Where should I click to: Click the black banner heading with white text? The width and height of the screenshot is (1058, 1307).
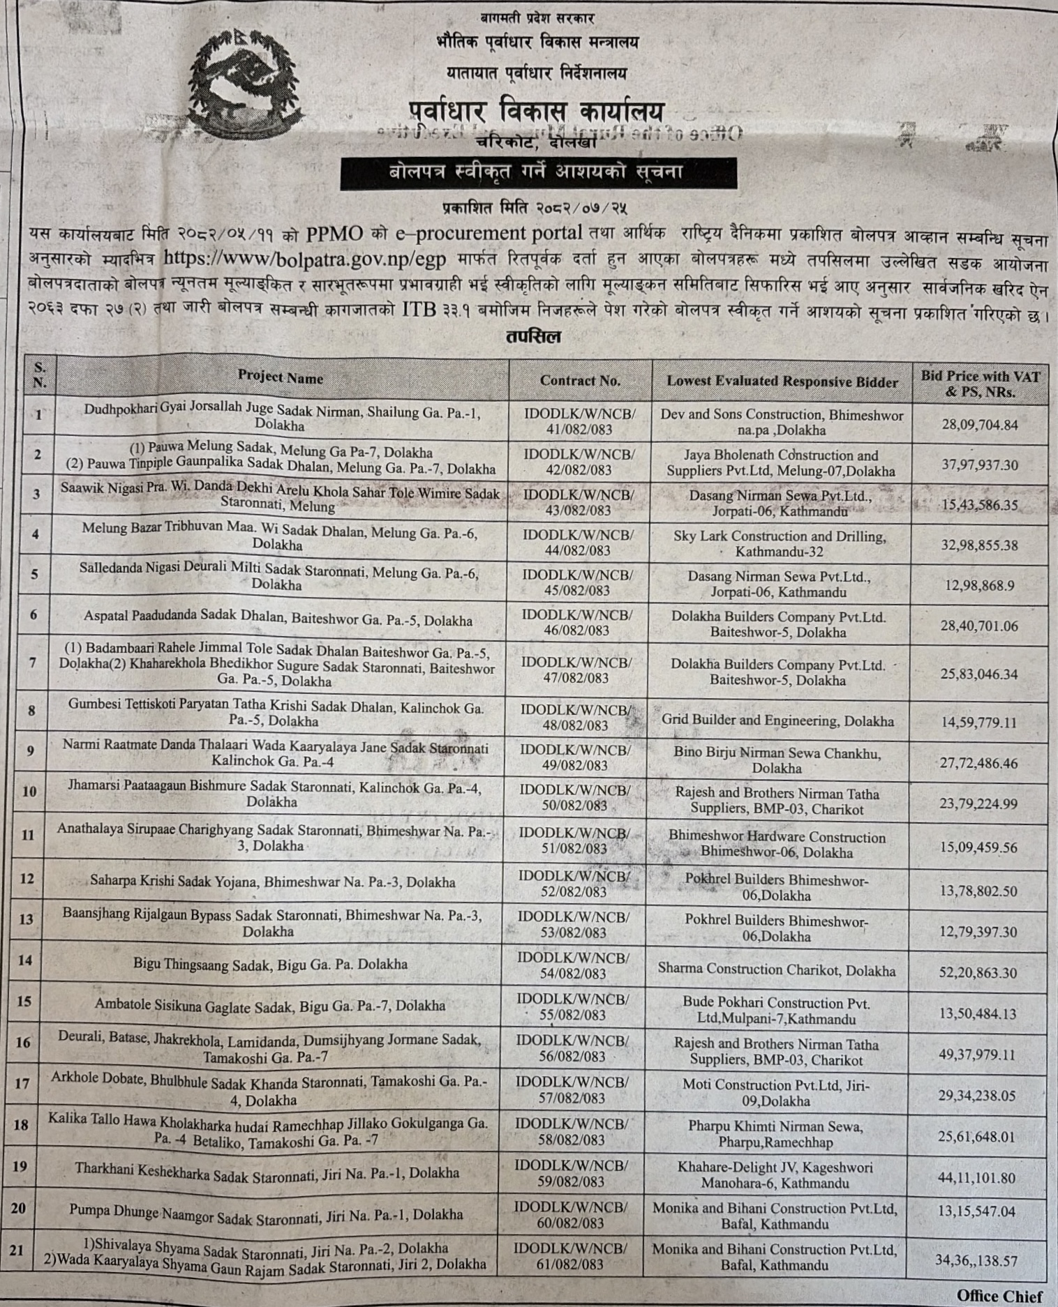538,172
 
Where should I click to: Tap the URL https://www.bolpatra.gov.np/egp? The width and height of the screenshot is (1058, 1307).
305,258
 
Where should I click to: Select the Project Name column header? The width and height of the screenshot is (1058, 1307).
280,378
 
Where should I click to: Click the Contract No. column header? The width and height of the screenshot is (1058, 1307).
579,381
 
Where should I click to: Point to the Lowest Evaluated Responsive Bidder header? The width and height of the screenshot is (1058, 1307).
782,381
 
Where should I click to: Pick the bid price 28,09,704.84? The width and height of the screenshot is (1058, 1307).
979,424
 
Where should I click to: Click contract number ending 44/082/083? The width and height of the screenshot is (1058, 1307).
578,543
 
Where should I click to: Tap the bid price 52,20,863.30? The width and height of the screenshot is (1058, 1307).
978,972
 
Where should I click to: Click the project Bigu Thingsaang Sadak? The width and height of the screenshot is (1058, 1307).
271,965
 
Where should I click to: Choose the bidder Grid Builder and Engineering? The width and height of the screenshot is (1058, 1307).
777,720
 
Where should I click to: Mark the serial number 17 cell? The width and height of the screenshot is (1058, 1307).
22,1084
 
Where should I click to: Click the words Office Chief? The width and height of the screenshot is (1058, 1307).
999,1296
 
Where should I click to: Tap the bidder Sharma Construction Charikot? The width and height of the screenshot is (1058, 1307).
776,969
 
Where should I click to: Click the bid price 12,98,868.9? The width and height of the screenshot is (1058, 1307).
979,586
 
